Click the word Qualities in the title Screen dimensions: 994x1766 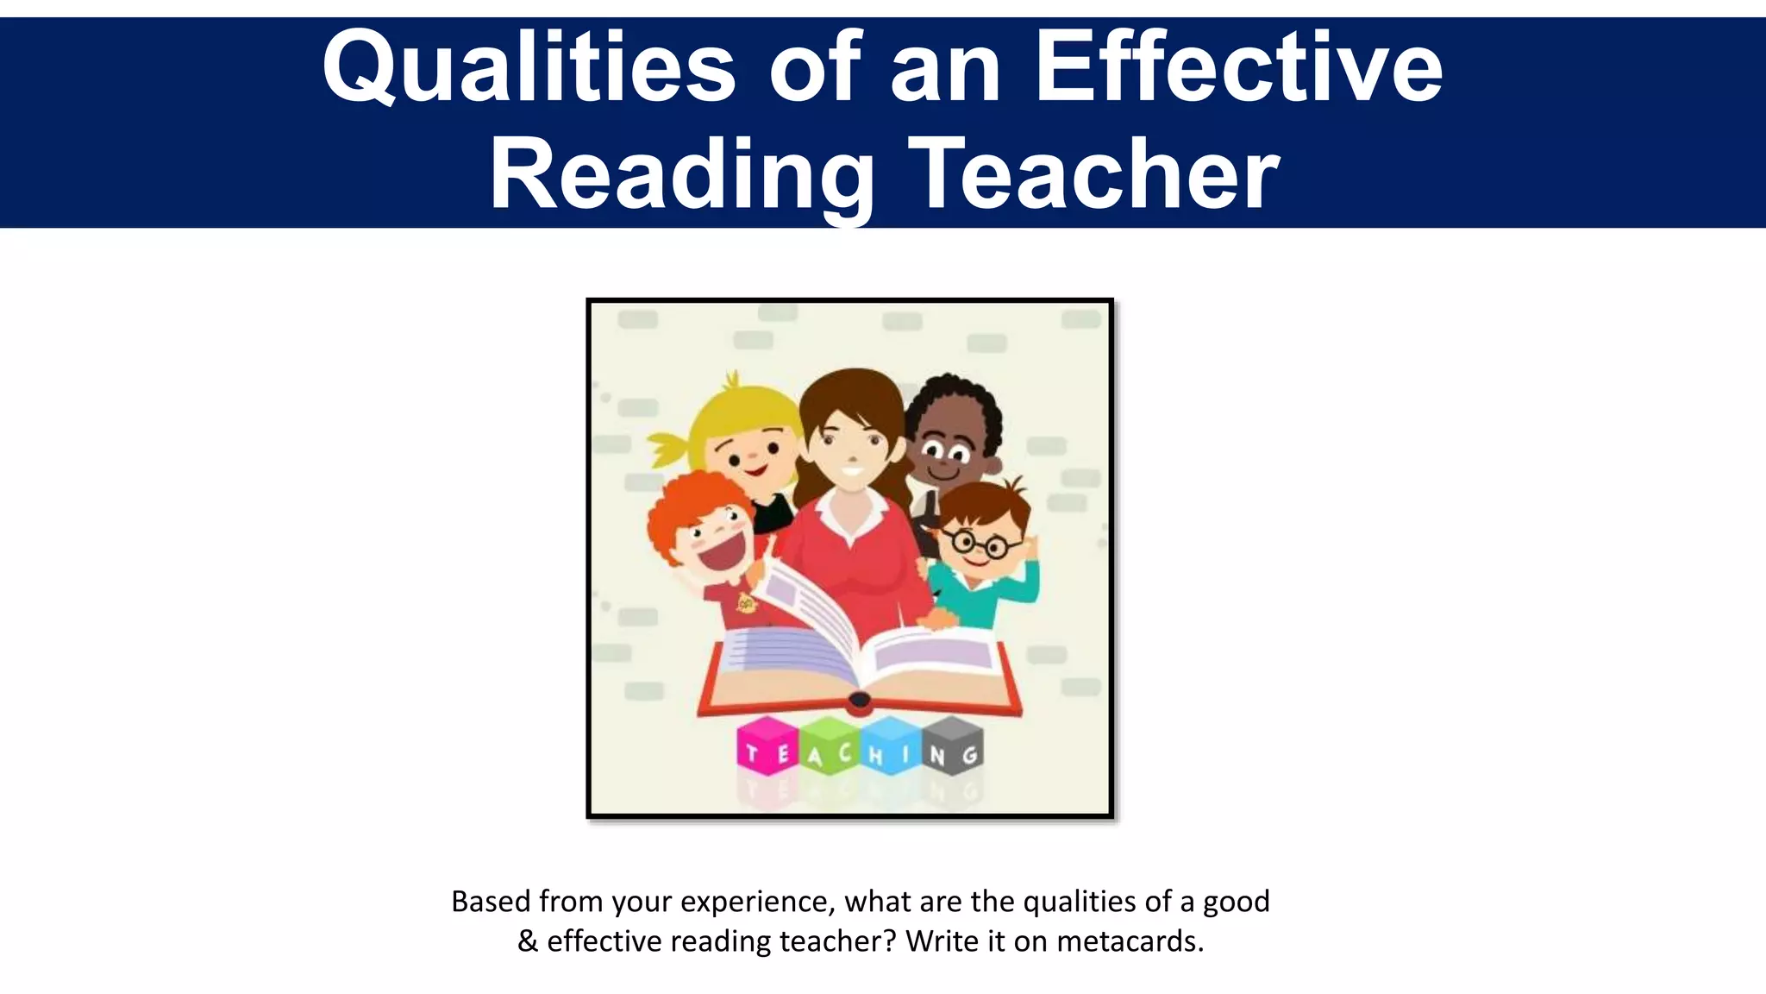pos(529,67)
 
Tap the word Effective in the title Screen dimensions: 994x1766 pos(1238,67)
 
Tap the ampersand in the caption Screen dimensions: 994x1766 pos(527,941)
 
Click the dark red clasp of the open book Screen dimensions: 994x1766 pos(860,701)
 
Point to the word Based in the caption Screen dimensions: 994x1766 pos(491,902)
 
